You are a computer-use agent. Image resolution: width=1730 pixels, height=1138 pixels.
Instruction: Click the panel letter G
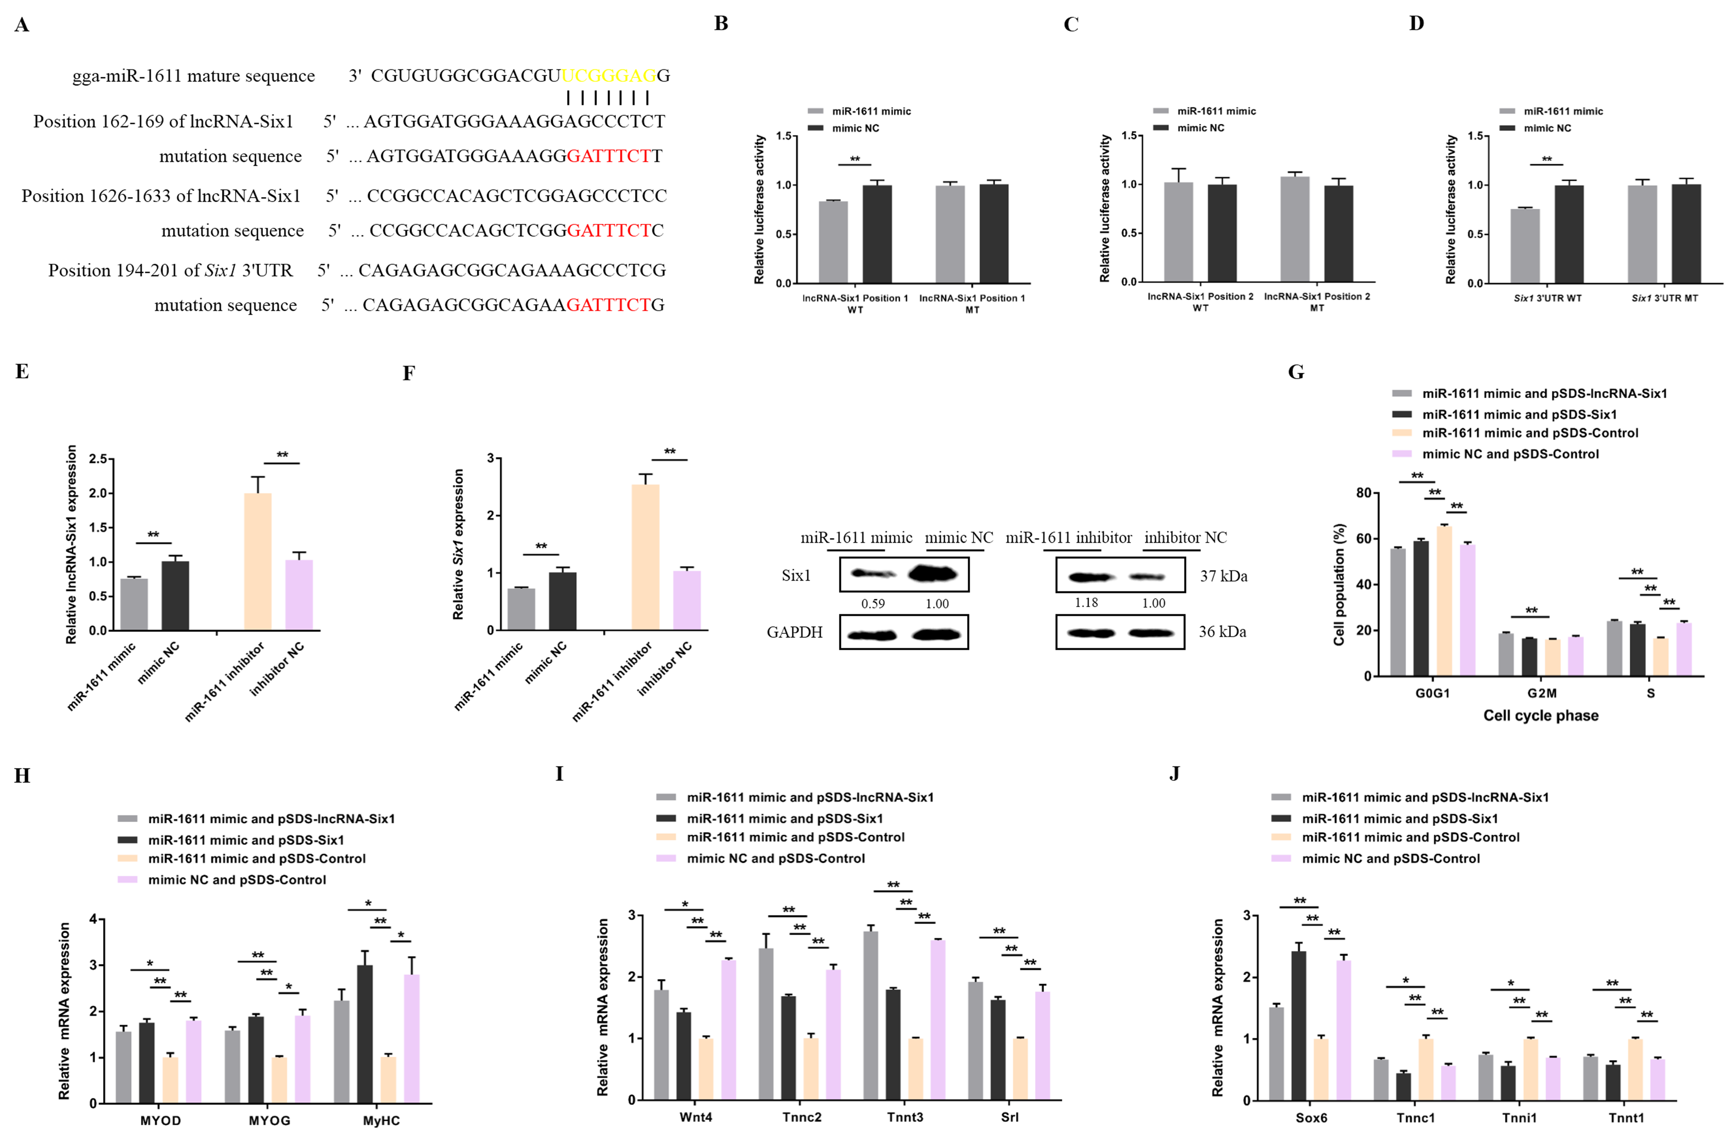[1296, 372]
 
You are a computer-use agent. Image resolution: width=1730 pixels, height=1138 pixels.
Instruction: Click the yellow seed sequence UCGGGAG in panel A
[608, 75]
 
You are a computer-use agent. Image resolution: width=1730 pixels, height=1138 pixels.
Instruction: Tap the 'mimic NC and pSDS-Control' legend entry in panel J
[1390, 858]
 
